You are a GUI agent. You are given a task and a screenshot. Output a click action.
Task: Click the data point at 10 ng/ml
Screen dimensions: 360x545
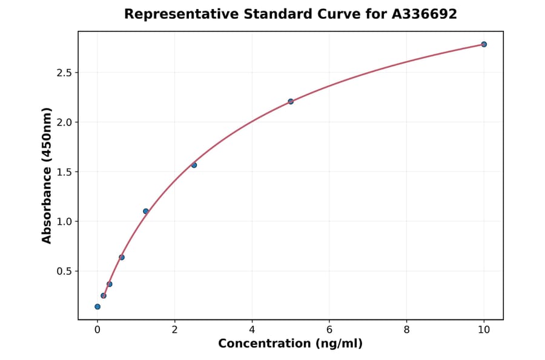pos(484,44)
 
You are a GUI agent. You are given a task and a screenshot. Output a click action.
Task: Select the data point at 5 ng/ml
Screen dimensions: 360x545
pos(291,101)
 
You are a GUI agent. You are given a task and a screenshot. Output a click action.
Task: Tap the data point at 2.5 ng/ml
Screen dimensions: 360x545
pos(194,165)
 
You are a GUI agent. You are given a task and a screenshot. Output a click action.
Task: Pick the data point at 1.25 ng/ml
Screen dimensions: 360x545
pos(146,211)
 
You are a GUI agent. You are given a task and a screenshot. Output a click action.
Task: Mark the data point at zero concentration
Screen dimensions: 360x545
pos(97,307)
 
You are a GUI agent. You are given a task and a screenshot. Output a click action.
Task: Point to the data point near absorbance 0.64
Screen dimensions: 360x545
pos(122,257)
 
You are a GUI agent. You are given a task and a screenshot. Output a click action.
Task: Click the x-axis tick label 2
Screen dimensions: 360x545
pos(174,330)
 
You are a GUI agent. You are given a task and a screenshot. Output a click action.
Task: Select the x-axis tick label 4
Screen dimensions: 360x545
pos(252,330)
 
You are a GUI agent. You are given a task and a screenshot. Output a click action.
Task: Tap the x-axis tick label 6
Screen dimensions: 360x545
pos(329,330)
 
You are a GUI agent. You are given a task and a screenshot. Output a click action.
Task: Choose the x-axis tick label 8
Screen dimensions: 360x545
pos(406,330)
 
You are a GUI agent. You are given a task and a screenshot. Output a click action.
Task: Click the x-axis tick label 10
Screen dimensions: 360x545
pos(484,330)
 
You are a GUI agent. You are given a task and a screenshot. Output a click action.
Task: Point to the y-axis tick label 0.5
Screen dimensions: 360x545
pos(64,271)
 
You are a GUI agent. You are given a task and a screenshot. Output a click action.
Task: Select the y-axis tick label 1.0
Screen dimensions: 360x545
pos(64,221)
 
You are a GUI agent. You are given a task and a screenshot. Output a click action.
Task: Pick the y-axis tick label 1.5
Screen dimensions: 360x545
pos(64,172)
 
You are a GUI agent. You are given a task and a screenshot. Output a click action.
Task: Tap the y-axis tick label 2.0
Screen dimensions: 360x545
pos(64,122)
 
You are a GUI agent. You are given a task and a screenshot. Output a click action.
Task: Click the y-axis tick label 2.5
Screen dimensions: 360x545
pos(64,73)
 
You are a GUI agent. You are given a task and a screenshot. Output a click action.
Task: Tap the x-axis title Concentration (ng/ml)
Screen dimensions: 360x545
pos(290,344)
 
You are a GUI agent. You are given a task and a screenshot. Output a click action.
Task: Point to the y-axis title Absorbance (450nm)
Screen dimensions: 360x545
pos(47,175)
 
